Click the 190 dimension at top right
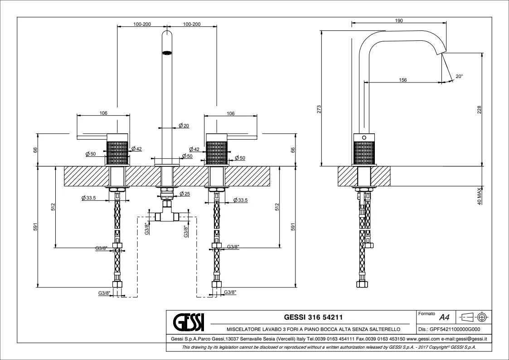pyautogui.click(x=399, y=20)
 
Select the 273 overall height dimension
pyautogui.click(x=319, y=109)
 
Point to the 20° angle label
pyautogui.click(x=459, y=77)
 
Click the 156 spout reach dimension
pyautogui.click(x=403, y=79)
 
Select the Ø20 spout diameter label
pyautogui.click(x=184, y=126)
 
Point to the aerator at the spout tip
pyautogui.click(x=167, y=53)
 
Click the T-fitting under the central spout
pyautogui.click(x=167, y=216)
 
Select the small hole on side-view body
pyautogui.click(x=364, y=137)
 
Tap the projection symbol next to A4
pyautogui.click(x=474, y=316)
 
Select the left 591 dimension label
pyautogui.click(x=40, y=227)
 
